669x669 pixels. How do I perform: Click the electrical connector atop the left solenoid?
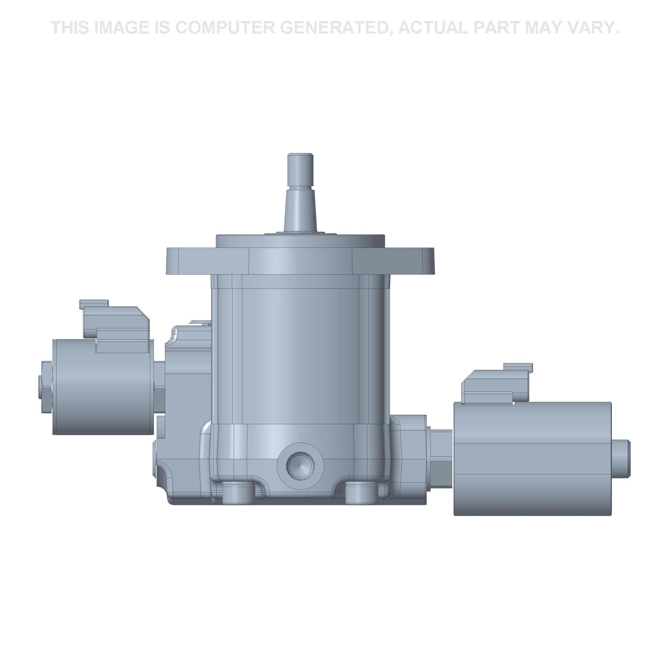pos(116,324)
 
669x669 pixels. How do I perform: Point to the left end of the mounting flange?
pos(173,260)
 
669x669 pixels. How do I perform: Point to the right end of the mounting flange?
pos(427,260)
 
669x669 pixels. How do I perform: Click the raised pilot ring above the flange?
pos(300,241)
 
